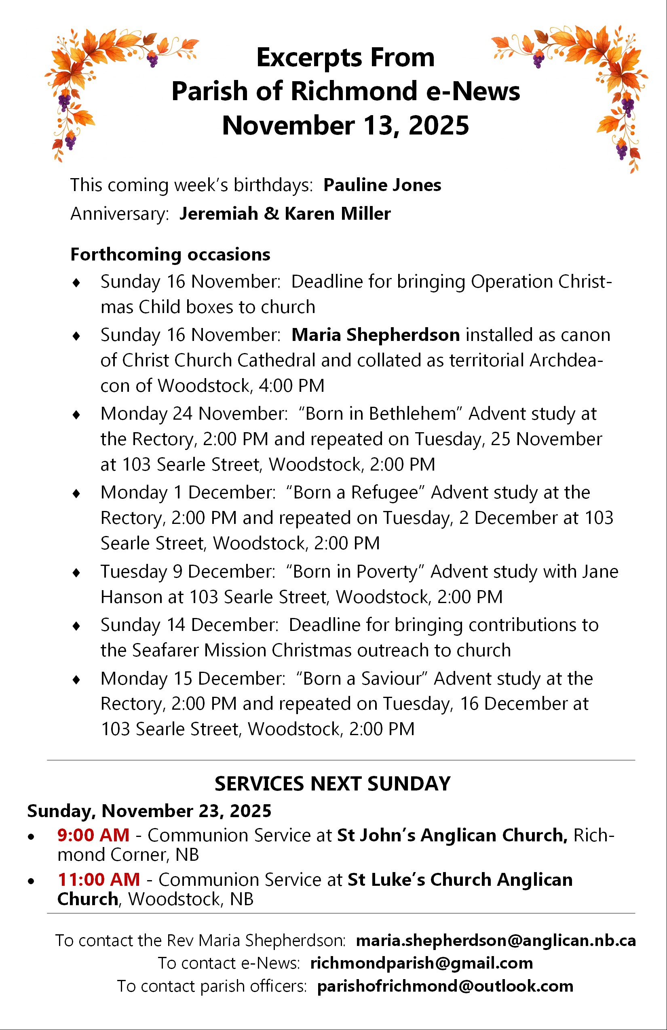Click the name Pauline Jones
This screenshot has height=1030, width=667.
[382, 185]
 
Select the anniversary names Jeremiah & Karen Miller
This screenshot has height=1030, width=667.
[285, 214]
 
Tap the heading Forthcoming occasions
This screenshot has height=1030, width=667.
[170, 254]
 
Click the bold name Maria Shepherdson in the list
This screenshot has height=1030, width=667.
[376, 335]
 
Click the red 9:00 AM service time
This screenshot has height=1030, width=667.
[93, 835]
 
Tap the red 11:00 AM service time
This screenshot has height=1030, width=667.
[99, 879]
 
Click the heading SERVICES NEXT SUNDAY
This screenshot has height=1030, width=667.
[333, 784]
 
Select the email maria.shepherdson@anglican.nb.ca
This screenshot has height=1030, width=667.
[496, 940]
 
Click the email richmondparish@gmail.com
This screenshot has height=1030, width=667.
[421, 963]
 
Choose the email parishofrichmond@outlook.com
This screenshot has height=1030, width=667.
[445, 986]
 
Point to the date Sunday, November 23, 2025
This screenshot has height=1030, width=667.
[149, 811]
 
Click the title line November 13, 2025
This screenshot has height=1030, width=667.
[345, 126]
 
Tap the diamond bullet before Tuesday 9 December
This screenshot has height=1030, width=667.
[76, 573]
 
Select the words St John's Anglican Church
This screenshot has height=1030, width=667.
[452, 835]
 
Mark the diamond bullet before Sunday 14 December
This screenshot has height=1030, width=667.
[76, 626]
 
